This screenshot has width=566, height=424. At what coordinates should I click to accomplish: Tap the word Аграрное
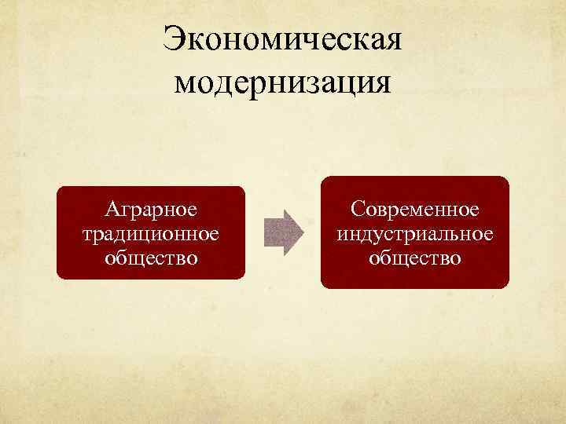[x=151, y=210]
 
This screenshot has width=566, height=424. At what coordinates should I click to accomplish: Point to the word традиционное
[x=151, y=233]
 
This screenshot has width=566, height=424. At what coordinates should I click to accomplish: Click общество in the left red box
[x=151, y=256]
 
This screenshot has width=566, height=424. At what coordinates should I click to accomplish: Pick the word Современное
[x=415, y=210]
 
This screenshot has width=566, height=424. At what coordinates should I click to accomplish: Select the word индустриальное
[x=415, y=233]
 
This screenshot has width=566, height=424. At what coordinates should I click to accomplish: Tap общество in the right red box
[x=415, y=256]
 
